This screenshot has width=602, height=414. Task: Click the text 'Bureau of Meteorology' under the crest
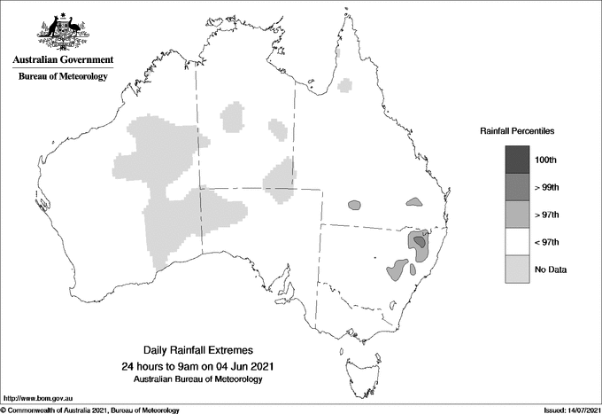pyautogui.click(x=63, y=77)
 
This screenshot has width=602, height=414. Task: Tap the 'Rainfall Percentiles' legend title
pyautogui.click(x=517, y=130)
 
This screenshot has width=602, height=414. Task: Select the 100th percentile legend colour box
pyautogui.click(x=518, y=160)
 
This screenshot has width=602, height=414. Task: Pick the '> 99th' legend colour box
pyautogui.click(x=518, y=187)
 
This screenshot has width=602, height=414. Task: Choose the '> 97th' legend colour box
pyautogui.click(x=518, y=215)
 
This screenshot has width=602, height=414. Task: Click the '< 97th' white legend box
pyautogui.click(x=518, y=242)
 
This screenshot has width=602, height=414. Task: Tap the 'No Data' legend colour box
pyautogui.click(x=518, y=269)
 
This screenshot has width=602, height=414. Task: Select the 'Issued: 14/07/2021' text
pyautogui.click(x=566, y=410)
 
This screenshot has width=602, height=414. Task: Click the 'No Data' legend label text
pyautogui.click(x=550, y=269)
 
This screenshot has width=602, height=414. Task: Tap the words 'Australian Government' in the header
pyautogui.click(x=63, y=60)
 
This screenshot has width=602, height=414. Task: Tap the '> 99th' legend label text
pyautogui.click(x=548, y=187)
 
